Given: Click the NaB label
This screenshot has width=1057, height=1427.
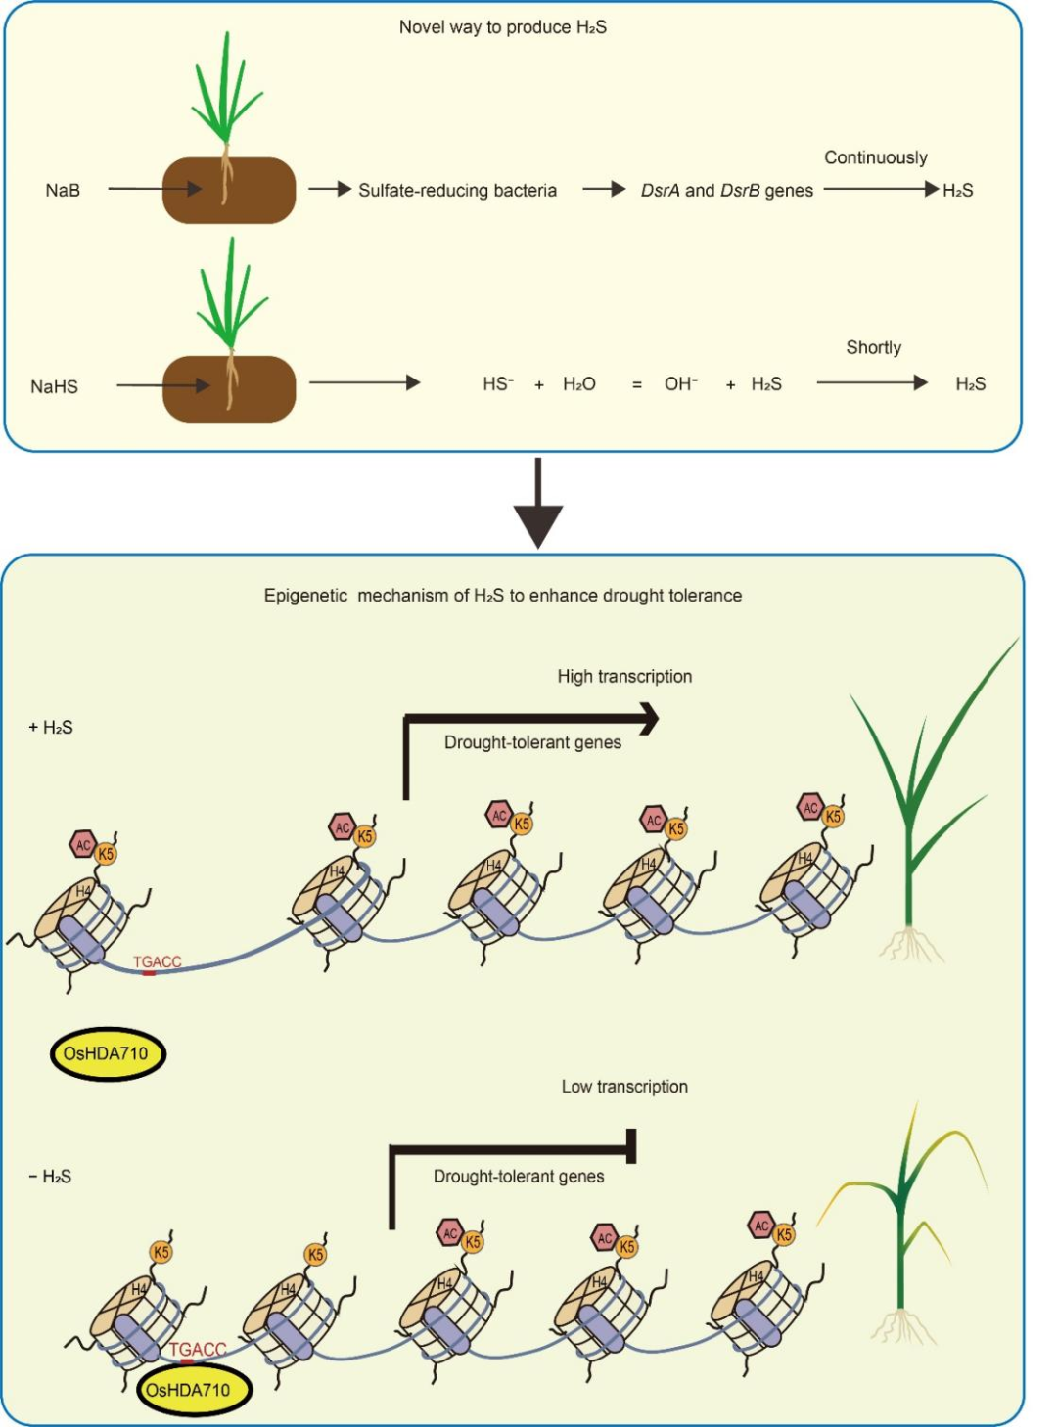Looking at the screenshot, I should [x=63, y=190].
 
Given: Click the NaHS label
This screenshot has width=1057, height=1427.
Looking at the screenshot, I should [x=54, y=386].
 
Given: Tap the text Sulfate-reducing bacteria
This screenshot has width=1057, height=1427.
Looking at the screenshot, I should [x=457, y=190].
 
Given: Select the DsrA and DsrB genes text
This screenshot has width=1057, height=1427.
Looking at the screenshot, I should [x=726, y=190].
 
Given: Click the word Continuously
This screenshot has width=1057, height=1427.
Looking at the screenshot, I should [x=875, y=157].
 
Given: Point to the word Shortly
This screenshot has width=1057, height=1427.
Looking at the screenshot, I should [x=873, y=347].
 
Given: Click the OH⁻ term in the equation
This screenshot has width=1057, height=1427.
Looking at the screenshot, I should [x=680, y=383].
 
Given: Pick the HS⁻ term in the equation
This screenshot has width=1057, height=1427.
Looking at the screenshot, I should [x=497, y=383].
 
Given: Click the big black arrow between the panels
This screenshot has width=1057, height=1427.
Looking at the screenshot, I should [x=537, y=503].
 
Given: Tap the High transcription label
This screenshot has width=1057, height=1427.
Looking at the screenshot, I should [x=624, y=676].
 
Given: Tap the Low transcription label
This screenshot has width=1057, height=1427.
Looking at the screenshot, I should [x=624, y=1086].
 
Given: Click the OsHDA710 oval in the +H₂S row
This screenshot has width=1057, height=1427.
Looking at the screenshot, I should [x=107, y=1053].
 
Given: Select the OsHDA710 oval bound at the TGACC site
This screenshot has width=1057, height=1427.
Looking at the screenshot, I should [x=193, y=1390].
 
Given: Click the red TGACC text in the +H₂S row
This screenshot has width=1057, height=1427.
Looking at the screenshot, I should [x=158, y=961].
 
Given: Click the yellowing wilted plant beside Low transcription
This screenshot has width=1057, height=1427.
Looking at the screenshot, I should [x=900, y=1223].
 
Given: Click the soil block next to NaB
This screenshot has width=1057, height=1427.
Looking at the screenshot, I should [x=229, y=190].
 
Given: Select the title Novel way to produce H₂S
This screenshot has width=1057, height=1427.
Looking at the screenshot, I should [x=502, y=27].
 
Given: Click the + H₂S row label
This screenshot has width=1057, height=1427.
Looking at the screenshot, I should [x=51, y=727].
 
